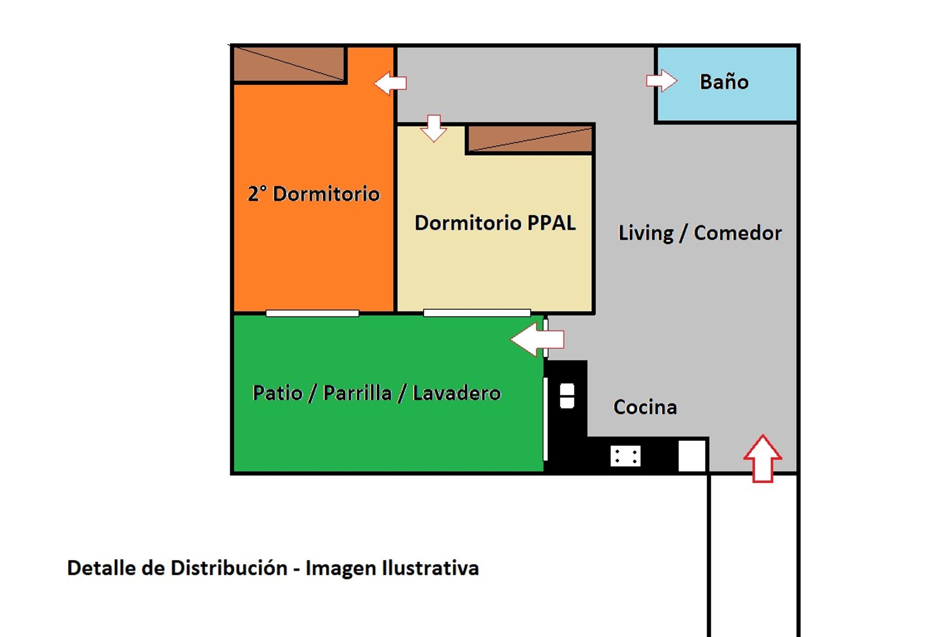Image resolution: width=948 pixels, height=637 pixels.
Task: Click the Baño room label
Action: [x=724, y=81]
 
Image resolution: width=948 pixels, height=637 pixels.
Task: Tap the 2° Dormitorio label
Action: [x=314, y=194]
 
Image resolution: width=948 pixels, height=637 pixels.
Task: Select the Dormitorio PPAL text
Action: [x=495, y=223]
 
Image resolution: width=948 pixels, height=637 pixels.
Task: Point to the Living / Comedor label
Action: [x=700, y=233]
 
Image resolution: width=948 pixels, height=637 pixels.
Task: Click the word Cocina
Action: [x=645, y=407]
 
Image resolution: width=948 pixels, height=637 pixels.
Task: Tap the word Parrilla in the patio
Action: [x=357, y=393]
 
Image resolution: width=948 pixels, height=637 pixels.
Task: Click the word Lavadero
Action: [x=457, y=393]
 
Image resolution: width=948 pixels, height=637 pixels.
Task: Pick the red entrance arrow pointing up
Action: [x=763, y=458]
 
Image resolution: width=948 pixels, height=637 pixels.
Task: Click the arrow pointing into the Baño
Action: [x=662, y=80]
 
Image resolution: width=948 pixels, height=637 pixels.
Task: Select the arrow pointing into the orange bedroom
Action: [x=390, y=83]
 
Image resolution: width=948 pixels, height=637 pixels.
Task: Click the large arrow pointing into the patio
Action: [x=537, y=339]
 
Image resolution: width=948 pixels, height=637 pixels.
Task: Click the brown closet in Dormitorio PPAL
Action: [x=530, y=139]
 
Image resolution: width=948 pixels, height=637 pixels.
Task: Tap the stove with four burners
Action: [x=626, y=456]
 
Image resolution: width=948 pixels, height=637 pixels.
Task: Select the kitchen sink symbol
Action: [x=567, y=396]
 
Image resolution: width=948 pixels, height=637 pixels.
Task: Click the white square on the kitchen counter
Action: [x=692, y=456]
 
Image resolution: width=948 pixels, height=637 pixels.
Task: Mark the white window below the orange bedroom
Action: [x=313, y=313]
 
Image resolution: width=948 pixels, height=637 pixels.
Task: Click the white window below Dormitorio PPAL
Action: [x=477, y=313]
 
